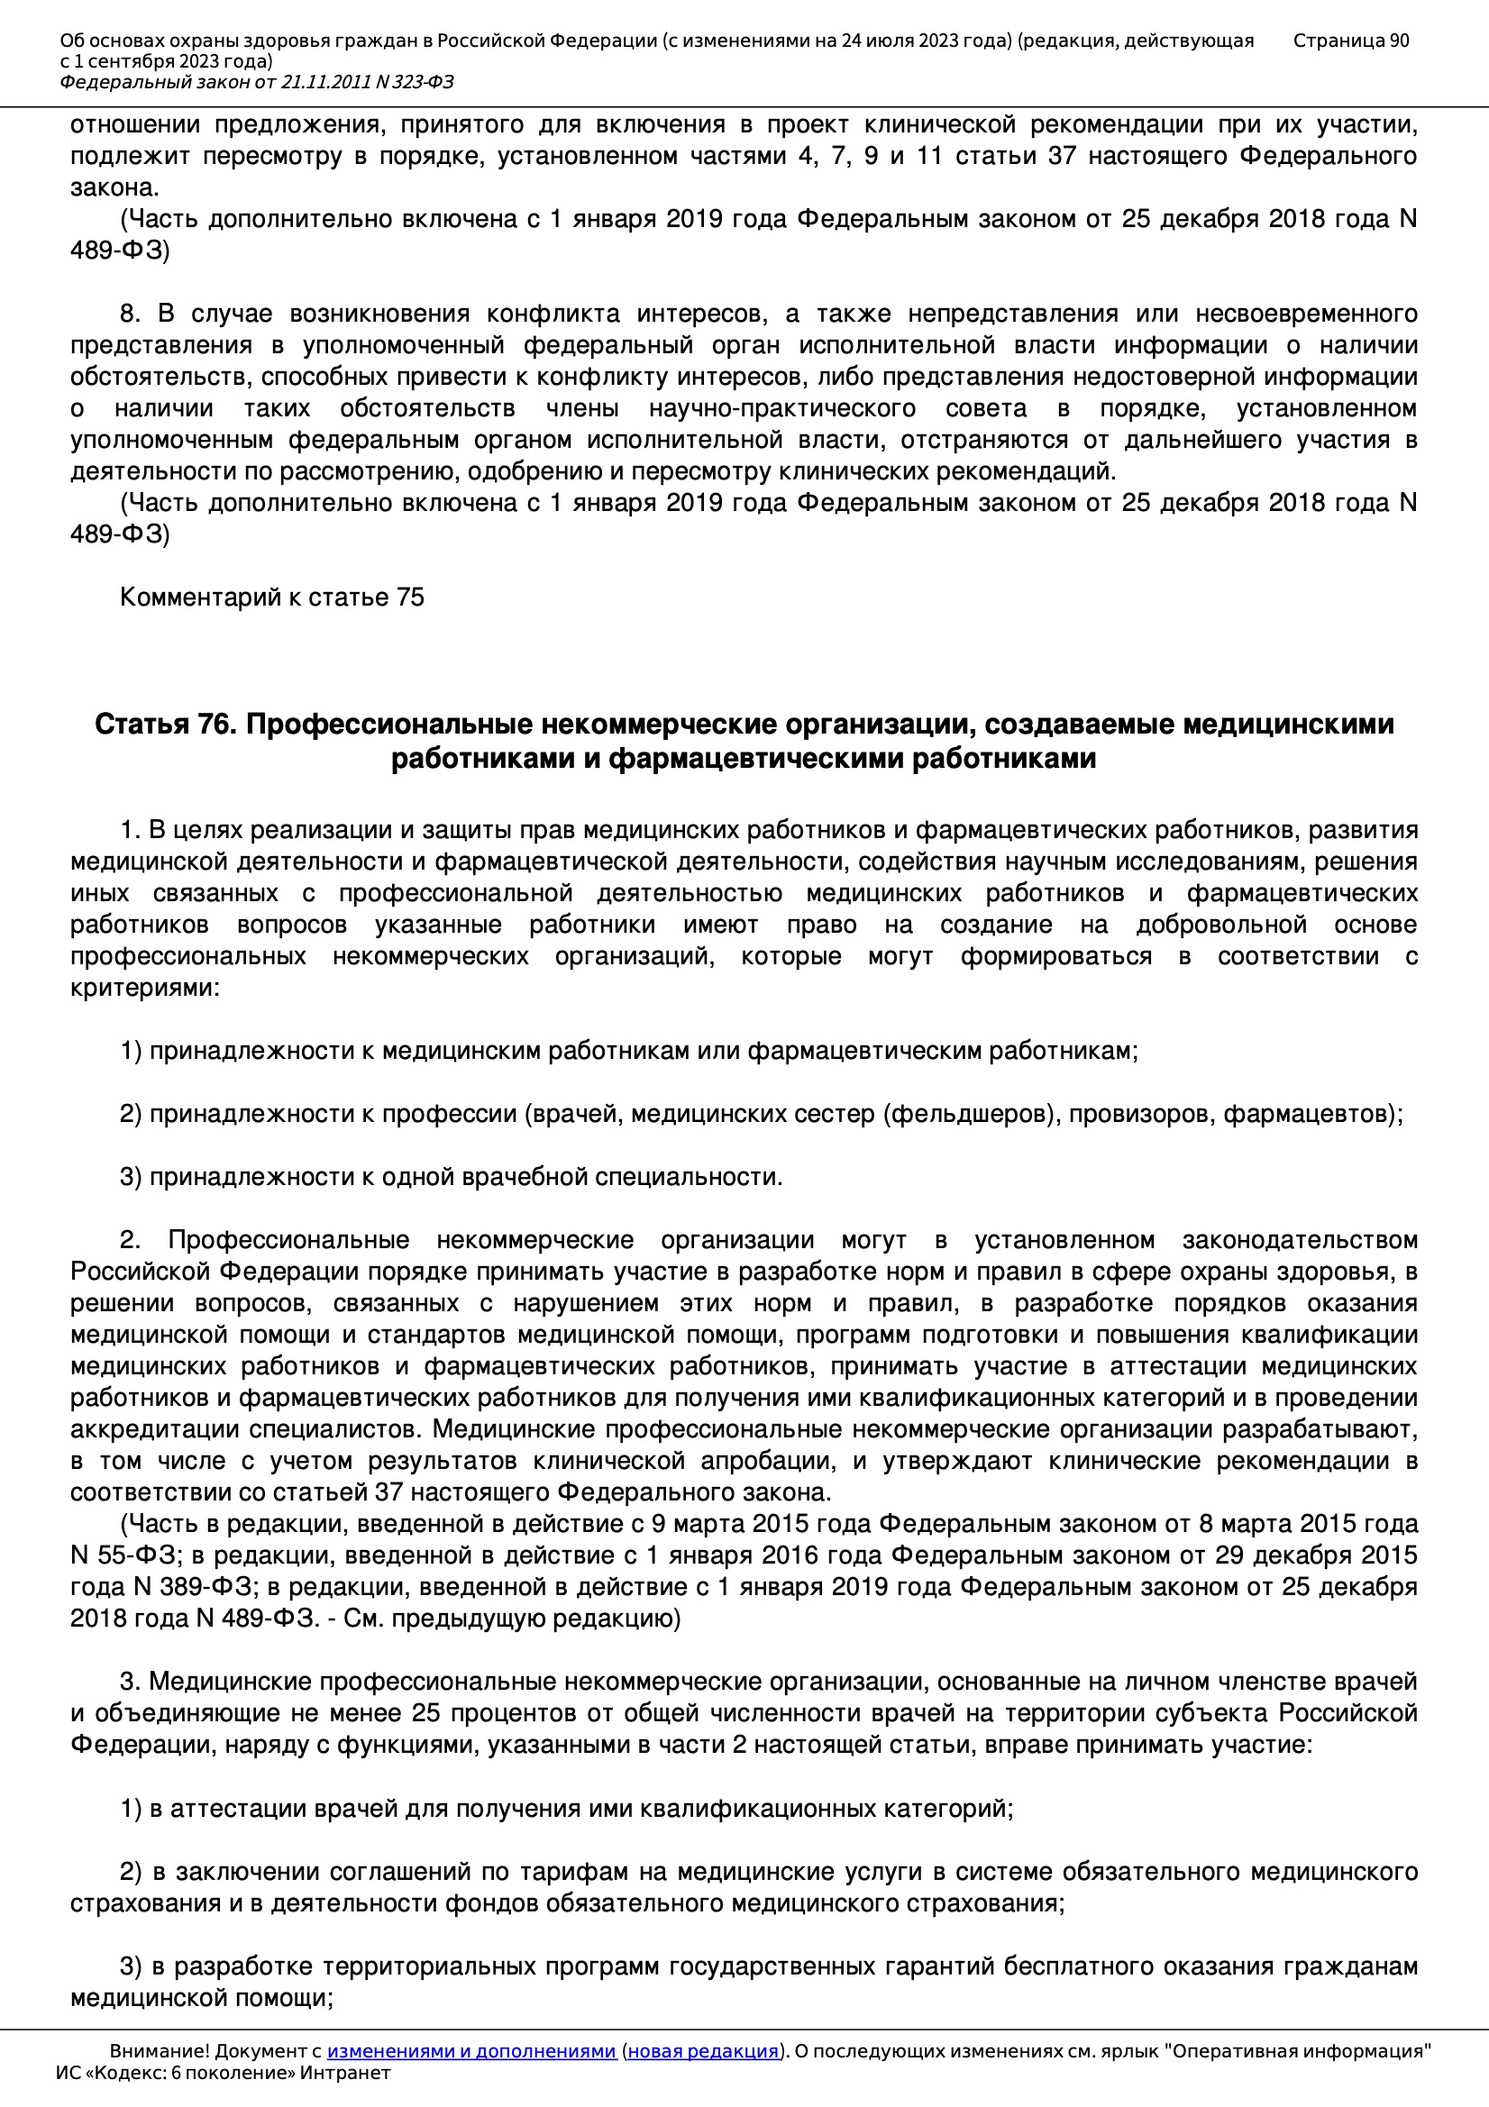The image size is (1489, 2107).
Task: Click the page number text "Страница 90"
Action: [x=1350, y=41]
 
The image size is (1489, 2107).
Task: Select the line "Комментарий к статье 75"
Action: [x=271, y=597]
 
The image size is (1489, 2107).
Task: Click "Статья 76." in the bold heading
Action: [x=166, y=724]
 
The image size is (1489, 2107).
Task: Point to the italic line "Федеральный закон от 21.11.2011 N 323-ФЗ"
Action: [x=256, y=83]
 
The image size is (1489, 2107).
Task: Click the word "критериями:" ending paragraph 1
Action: [x=145, y=988]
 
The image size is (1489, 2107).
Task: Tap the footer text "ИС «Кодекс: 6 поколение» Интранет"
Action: [x=223, y=2072]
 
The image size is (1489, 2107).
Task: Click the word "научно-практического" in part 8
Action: [x=782, y=408]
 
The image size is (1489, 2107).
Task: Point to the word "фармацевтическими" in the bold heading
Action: [x=756, y=759]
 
